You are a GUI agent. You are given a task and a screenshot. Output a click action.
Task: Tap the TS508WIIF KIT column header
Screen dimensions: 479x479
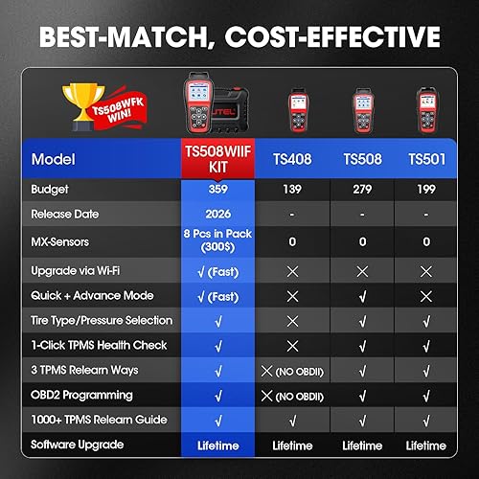point(219,156)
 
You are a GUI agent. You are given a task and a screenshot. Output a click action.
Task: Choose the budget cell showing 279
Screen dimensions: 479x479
point(362,191)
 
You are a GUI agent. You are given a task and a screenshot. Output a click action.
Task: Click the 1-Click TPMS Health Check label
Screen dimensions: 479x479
point(99,345)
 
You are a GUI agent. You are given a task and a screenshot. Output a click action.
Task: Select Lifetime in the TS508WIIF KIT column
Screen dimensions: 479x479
point(219,445)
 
